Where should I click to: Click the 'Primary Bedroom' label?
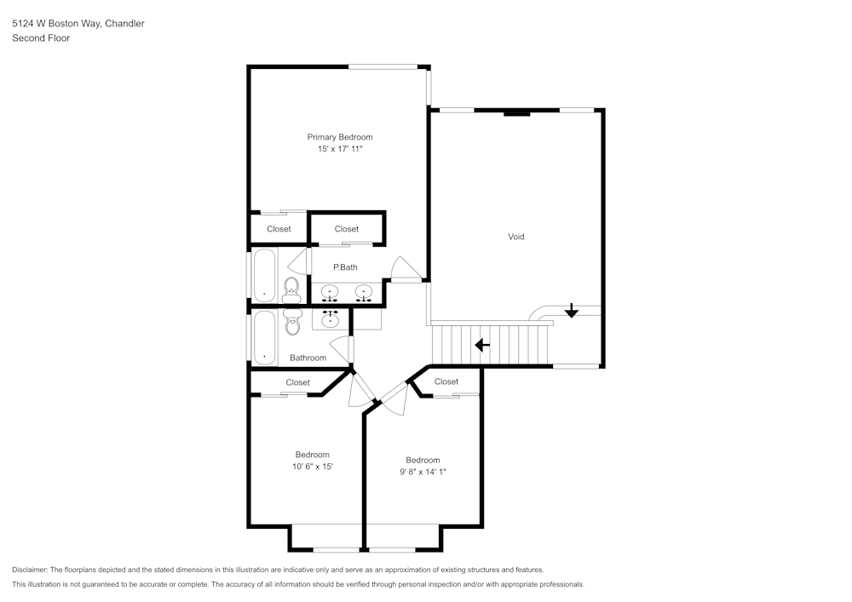[340, 137]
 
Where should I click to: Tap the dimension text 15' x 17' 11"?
[340, 149]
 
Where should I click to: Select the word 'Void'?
[515, 237]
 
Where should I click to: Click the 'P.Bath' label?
[345, 267]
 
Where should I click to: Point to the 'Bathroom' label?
[308, 358]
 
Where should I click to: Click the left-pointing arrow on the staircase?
[482, 345]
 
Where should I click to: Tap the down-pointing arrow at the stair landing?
[572, 312]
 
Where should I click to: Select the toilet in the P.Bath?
[291, 288]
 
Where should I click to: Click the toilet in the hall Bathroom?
[293, 322]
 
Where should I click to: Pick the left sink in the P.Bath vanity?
[331, 294]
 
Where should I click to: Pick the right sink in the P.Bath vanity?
[365, 294]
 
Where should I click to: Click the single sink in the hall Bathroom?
[331, 319]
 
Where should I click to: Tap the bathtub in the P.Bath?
[264, 273]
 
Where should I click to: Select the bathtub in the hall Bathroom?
[264, 336]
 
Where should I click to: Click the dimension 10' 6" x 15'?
[312, 466]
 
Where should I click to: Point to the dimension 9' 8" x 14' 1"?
[423, 471]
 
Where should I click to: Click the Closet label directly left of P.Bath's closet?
[279, 229]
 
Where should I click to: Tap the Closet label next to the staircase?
[446, 381]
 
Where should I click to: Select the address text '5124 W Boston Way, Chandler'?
[78, 24]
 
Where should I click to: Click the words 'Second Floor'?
[41, 38]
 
